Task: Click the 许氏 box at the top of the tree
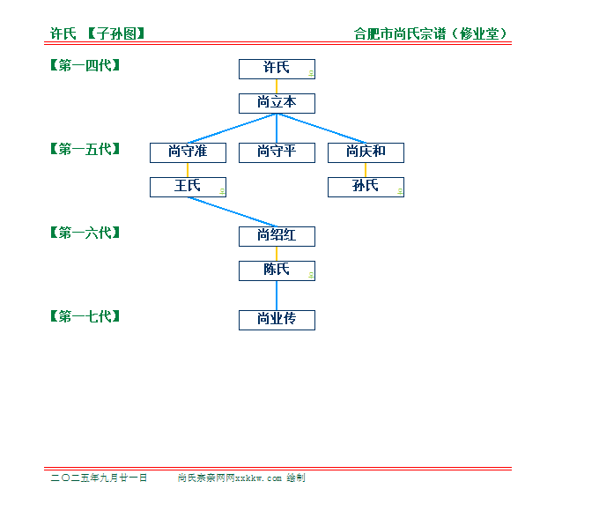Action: [277, 70]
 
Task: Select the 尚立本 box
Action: [277, 104]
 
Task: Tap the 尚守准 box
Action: [188, 153]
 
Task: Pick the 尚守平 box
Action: [277, 153]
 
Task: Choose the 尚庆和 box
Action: [366, 153]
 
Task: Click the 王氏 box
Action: [188, 188]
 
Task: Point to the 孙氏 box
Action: [366, 188]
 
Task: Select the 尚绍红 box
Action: [277, 237]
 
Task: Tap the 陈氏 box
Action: [277, 271]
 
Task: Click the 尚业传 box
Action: [277, 321]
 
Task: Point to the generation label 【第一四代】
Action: [85, 65]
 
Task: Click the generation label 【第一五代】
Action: [85, 149]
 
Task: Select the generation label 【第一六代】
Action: [85, 233]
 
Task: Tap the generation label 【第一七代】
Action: [85, 316]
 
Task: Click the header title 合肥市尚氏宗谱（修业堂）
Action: [431, 33]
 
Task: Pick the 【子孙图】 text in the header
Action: [116, 33]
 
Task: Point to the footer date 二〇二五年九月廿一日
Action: [99, 478]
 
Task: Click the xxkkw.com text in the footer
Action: [258, 478]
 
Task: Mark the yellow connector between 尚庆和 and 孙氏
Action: [366, 170]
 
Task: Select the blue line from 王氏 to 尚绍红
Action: [233, 212]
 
